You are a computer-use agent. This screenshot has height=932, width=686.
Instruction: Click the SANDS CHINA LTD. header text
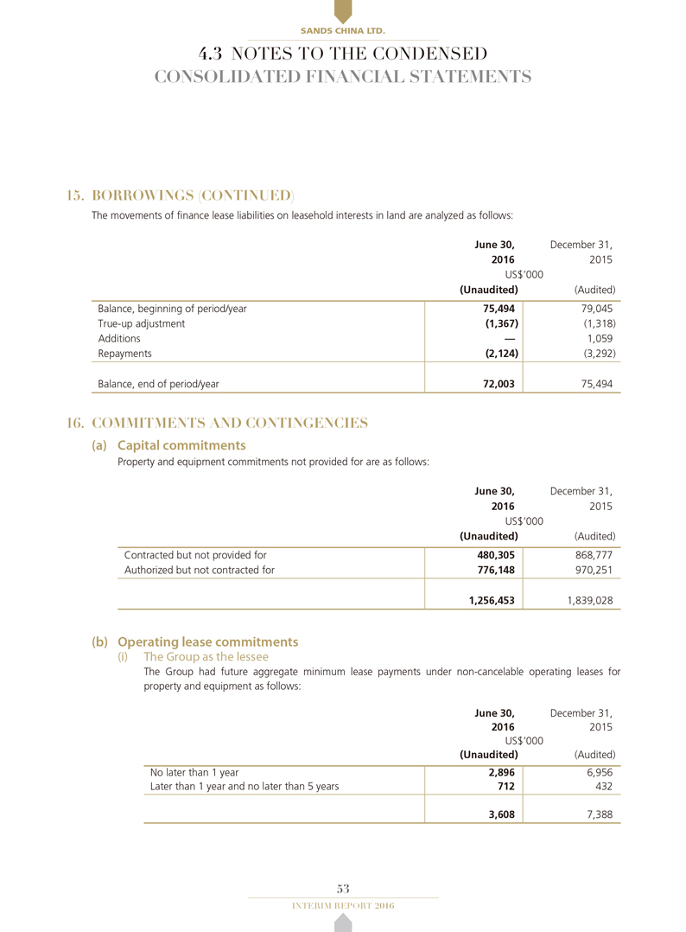coord(342,31)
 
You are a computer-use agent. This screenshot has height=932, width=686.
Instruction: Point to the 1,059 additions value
coord(600,338)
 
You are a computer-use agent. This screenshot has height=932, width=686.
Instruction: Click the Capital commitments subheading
coord(181,445)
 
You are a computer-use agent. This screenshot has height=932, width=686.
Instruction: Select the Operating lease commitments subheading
coord(206,642)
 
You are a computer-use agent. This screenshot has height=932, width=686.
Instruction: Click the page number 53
coord(342,888)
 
